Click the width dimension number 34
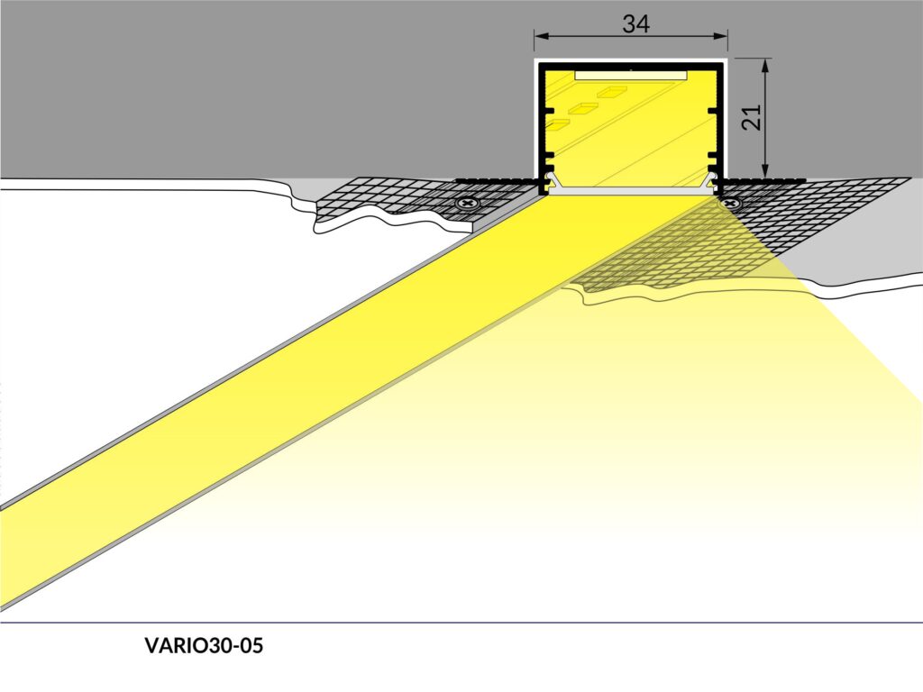click(x=635, y=23)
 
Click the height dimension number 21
click(x=752, y=117)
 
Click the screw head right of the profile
click(x=731, y=204)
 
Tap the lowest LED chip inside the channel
click(x=557, y=123)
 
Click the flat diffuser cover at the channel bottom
click(x=631, y=189)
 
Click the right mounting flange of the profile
click(x=766, y=180)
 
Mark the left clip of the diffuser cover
click(x=553, y=181)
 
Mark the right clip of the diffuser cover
click(x=711, y=181)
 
